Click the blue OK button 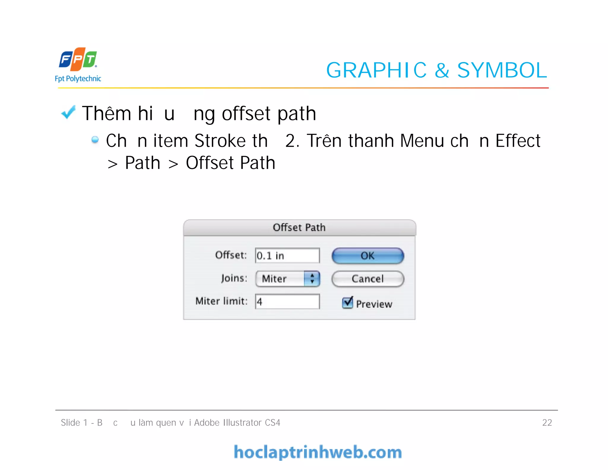click(368, 256)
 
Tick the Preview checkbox click(348, 303)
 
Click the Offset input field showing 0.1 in click(287, 256)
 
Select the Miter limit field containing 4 click(287, 302)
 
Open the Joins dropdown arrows click(312, 278)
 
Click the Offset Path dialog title click(299, 228)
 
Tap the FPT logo click(78, 59)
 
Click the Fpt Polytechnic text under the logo click(78, 79)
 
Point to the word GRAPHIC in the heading click(376, 70)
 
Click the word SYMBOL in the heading click(502, 70)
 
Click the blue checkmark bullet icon click(68, 113)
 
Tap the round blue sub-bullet click(95, 140)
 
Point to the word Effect click(518, 141)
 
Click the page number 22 click(547, 422)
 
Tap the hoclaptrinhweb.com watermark click(318, 452)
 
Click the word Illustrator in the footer click(242, 422)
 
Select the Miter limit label click(221, 301)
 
